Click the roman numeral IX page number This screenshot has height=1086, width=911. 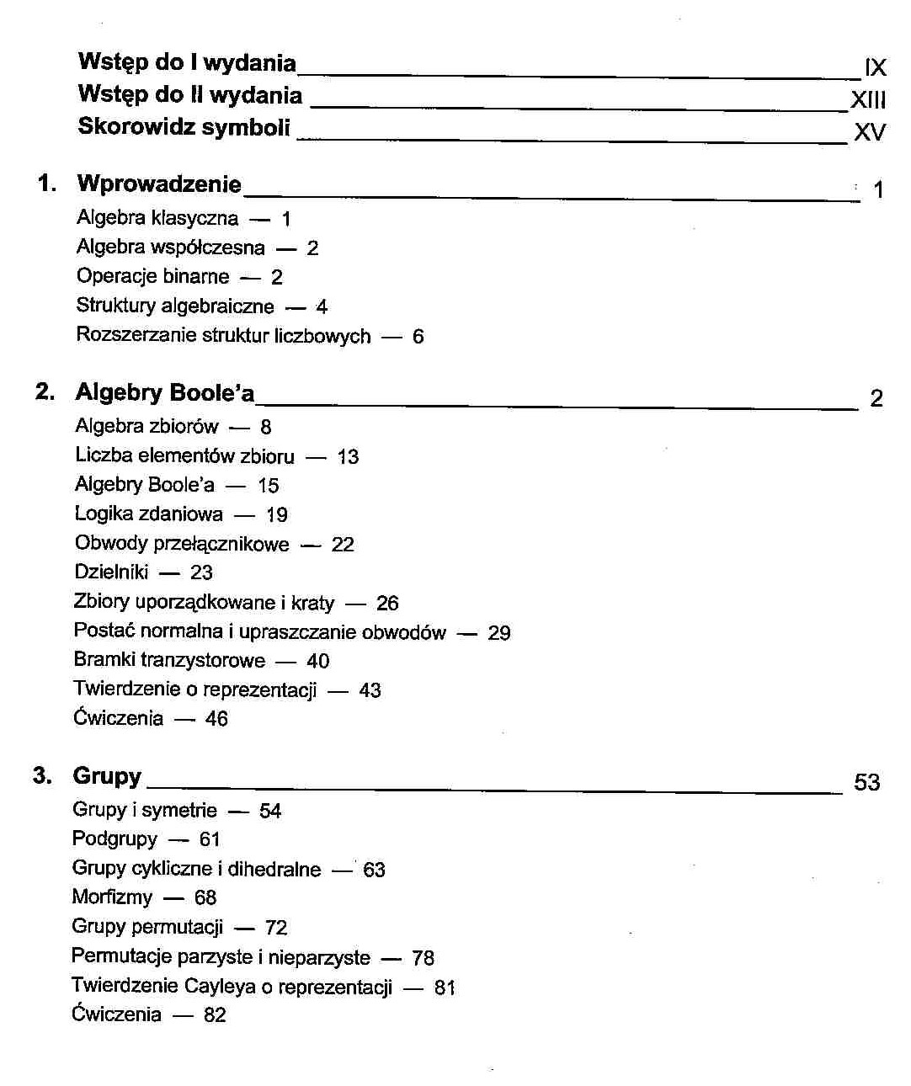click(x=875, y=68)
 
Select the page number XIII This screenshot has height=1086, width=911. click(x=868, y=100)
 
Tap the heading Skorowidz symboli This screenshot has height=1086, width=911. click(x=184, y=127)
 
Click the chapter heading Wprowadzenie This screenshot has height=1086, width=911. click(x=159, y=184)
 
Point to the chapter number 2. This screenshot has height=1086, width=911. click(x=45, y=391)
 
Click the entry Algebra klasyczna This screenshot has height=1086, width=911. click(x=157, y=218)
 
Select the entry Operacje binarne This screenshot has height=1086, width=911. click(x=152, y=276)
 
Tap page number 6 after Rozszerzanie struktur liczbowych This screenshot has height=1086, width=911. click(x=418, y=337)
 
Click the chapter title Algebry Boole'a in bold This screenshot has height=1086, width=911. click(x=164, y=392)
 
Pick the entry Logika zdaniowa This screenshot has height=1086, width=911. click(x=149, y=514)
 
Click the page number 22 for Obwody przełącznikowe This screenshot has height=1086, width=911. click(x=343, y=545)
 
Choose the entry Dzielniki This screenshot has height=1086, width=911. click(x=111, y=572)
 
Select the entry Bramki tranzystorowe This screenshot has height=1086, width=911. click(x=169, y=660)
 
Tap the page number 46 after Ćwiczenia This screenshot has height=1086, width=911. click(x=216, y=719)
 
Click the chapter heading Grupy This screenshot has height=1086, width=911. click(x=107, y=775)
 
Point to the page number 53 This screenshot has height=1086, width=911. click(x=866, y=782)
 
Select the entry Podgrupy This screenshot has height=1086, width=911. click(x=115, y=838)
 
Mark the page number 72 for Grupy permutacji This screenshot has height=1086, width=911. click(x=276, y=928)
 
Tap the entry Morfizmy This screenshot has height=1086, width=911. click(x=112, y=897)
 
